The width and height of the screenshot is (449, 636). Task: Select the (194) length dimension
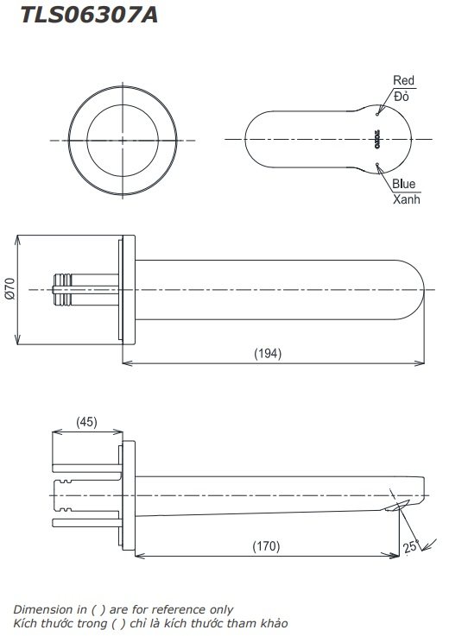click(268, 353)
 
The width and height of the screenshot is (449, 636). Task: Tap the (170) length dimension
click(266, 545)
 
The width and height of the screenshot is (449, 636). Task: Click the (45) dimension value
click(86, 422)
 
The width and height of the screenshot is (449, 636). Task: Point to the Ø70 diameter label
click(10, 288)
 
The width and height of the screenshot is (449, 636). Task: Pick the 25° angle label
click(410, 546)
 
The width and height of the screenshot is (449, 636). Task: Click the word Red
click(403, 80)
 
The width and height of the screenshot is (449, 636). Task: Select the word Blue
click(403, 184)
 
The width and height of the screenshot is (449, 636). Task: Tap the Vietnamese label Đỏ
click(402, 96)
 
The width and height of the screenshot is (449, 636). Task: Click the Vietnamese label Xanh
click(406, 199)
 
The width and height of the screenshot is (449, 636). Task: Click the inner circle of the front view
click(123, 139)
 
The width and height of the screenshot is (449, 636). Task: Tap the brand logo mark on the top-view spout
click(377, 139)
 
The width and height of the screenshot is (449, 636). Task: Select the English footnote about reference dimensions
click(122, 609)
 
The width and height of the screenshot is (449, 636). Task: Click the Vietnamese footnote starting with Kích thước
click(149, 623)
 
